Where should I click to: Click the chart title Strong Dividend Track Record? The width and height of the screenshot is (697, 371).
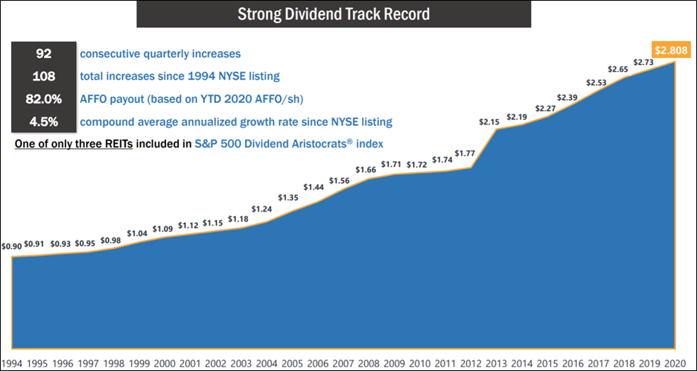pos(334,14)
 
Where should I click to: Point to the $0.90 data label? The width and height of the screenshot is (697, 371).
pos(12,246)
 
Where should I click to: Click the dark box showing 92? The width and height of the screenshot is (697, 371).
pos(44,54)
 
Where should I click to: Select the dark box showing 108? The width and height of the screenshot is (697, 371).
pos(44,77)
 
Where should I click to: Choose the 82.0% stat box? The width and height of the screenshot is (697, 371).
pos(44,99)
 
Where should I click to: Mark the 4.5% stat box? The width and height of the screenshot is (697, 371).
pos(44,121)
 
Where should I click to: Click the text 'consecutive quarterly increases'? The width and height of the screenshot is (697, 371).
pos(160,54)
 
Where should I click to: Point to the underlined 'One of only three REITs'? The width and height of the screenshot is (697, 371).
pos(74,144)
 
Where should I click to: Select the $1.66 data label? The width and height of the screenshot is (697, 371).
pos(366,170)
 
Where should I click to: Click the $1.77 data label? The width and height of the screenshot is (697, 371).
pos(465,153)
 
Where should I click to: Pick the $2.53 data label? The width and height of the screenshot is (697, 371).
pos(596,82)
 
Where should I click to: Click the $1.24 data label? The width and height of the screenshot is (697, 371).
pos(261,209)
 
